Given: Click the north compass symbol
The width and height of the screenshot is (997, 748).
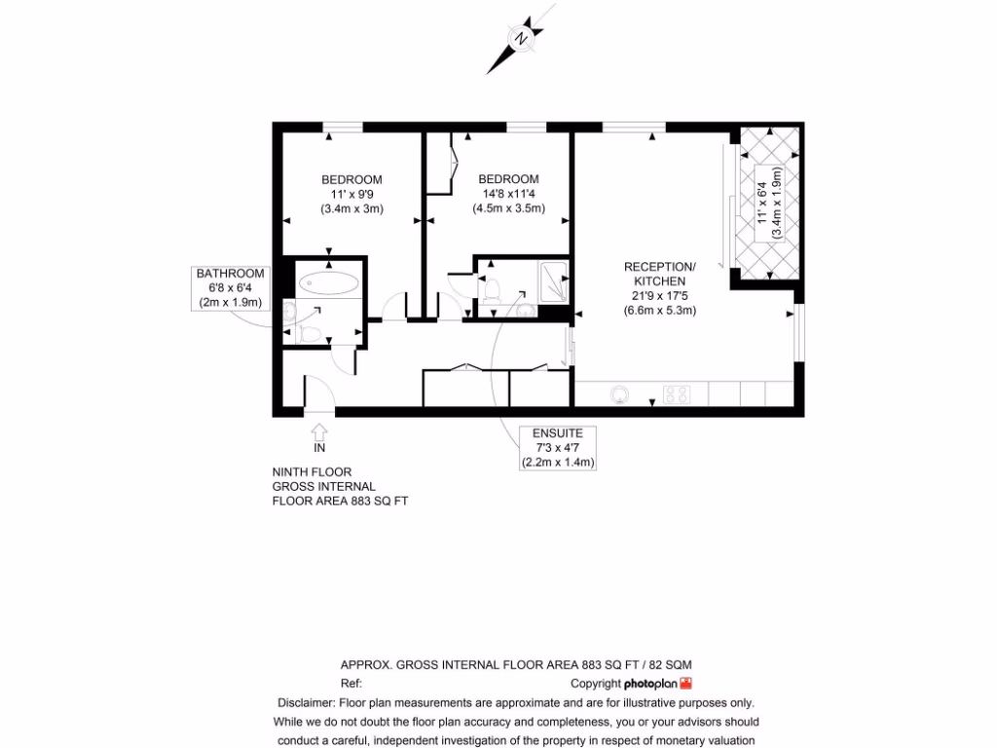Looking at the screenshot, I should coord(522,40).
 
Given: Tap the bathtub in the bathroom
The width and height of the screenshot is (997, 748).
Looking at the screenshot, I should coord(329,284).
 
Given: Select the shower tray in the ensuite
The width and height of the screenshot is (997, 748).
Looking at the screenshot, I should coord(552,281).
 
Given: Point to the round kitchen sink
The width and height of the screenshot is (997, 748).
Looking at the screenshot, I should coord(619,394).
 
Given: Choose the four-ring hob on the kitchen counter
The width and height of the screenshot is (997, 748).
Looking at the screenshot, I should coord(677,394).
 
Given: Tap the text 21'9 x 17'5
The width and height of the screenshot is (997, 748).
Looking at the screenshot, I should coord(659,297).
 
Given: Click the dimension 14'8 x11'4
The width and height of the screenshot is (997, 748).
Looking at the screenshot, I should coord(508,194).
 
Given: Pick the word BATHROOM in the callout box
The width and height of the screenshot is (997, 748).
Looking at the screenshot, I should coord(230,274).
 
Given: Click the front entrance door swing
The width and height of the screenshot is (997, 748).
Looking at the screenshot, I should coord(319,393).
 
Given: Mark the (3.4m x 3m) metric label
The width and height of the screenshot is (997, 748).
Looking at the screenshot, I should coord(351,208).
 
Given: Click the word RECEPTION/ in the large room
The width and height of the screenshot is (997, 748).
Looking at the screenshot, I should coord(659,267).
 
